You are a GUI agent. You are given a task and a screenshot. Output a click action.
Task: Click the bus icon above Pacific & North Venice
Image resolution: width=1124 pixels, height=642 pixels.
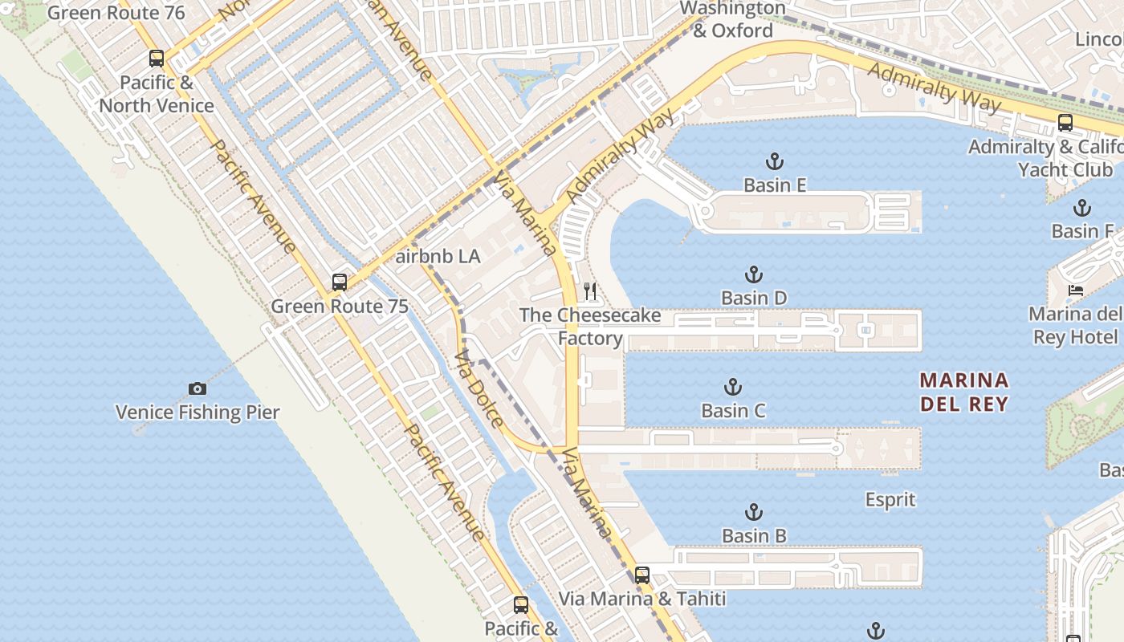pyautogui.click(x=157, y=59)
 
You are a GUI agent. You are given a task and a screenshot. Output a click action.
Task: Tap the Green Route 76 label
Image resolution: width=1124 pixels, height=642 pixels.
pyautogui.click(x=116, y=13)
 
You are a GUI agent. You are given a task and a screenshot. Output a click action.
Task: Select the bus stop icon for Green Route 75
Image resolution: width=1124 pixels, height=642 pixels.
pyautogui.click(x=340, y=282)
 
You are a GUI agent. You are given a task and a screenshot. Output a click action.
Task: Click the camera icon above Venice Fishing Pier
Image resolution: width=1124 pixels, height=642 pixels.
pyautogui.click(x=198, y=389)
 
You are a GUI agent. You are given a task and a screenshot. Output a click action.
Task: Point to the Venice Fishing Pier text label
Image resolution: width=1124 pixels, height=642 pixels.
pyautogui.click(x=198, y=412)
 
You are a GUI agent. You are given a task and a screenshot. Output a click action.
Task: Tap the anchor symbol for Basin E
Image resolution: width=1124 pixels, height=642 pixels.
pyautogui.click(x=775, y=162)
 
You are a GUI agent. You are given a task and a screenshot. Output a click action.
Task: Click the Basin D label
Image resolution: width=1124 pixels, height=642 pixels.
pyautogui.click(x=754, y=299)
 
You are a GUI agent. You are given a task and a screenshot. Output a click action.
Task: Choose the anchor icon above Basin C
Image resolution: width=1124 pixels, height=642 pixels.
pyautogui.click(x=733, y=388)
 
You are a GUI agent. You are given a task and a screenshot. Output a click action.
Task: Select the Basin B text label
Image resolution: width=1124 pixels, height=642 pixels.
pyautogui.click(x=754, y=535)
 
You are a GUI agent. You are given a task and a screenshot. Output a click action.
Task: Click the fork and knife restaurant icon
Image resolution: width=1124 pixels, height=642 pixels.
pyautogui.click(x=590, y=291)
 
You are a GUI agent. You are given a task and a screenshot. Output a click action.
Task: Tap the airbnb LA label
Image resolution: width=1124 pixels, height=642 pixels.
pyautogui.click(x=438, y=257)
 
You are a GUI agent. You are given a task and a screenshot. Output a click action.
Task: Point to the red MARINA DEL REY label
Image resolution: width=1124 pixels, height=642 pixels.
pyautogui.click(x=963, y=392)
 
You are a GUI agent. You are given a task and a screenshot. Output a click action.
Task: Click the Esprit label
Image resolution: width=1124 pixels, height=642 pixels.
pyautogui.click(x=890, y=500)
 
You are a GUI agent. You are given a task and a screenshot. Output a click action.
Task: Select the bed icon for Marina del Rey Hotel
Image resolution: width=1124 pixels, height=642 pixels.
pyautogui.click(x=1075, y=290)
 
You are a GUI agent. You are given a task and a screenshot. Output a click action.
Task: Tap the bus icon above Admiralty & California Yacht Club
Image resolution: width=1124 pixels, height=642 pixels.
pyautogui.click(x=1065, y=123)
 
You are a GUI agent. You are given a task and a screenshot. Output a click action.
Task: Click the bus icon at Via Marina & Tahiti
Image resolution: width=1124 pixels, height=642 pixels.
pyautogui.click(x=641, y=575)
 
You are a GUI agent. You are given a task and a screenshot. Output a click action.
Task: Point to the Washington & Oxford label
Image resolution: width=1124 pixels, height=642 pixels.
pyautogui.click(x=732, y=19)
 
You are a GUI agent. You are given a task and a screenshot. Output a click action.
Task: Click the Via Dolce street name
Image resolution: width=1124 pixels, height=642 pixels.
pyautogui.click(x=479, y=389)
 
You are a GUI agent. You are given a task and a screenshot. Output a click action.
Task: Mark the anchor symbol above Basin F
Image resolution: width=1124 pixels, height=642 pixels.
pyautogui.click(x=1082, y=208)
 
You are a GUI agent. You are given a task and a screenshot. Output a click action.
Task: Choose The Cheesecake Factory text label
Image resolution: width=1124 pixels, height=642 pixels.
pyautogui.click(x=590, y=326)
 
